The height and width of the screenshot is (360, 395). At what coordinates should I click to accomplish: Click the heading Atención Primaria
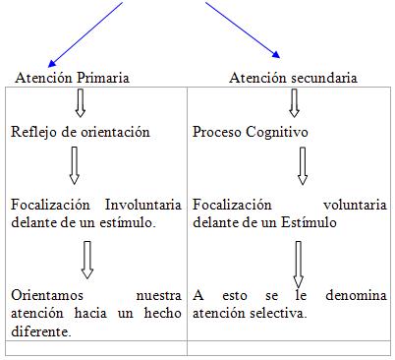[72, 78]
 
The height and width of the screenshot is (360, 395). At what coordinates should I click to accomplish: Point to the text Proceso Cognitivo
[249, 131]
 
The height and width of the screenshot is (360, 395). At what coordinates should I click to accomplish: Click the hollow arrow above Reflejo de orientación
[81, 101]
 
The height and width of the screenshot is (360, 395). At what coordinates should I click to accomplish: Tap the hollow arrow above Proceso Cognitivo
[294, 101]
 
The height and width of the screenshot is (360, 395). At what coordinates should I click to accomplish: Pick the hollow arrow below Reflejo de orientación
[74, 164]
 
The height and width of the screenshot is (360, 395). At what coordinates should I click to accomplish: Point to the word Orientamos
[47, 294]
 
